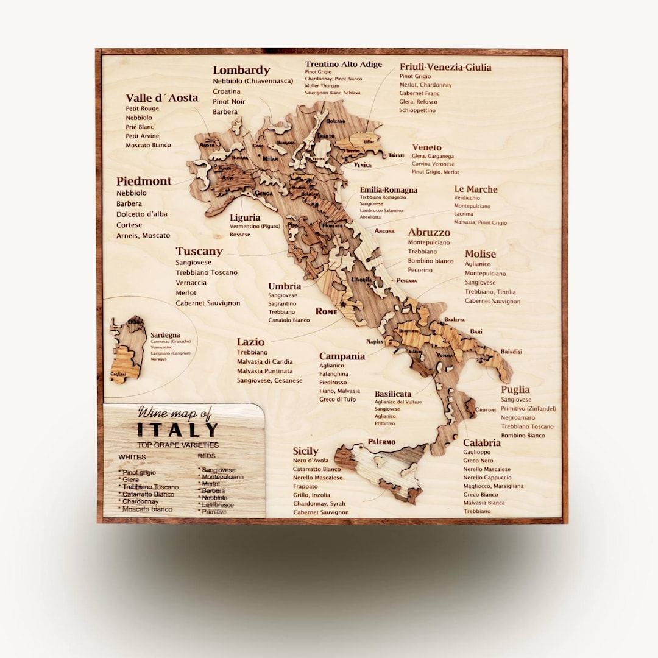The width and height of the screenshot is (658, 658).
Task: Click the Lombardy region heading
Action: click(x=241, y=70)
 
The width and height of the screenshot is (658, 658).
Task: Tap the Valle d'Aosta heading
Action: click(x=161, y=98)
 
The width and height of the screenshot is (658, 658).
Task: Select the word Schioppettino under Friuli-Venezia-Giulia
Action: click(x=418, y=111)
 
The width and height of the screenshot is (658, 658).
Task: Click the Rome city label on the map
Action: click(x=326, y=311)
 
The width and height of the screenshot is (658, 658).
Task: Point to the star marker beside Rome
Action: click(x=343, y=304)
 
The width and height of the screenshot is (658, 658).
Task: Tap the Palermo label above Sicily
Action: click(x=381, y=441)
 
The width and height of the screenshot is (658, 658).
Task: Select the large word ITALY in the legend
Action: click(x=177, y=430)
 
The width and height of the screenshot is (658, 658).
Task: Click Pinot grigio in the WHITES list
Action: click(x=139, y=472)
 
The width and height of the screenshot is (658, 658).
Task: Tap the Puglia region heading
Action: click(x=515, y=389)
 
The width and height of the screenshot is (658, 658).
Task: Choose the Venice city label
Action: click(x=363, y=165)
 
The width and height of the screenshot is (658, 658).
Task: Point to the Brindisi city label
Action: click(x=511, y=352)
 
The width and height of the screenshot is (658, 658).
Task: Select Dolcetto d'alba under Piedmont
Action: click(x=142, y=214)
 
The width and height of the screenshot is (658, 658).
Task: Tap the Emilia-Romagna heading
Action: click(x=388, y=190)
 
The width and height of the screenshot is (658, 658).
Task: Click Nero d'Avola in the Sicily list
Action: click(x=311, y=461)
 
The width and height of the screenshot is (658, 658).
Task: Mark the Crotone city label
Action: click(x=486, y=409)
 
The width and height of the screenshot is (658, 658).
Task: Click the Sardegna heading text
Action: click(x=165, y=335)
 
